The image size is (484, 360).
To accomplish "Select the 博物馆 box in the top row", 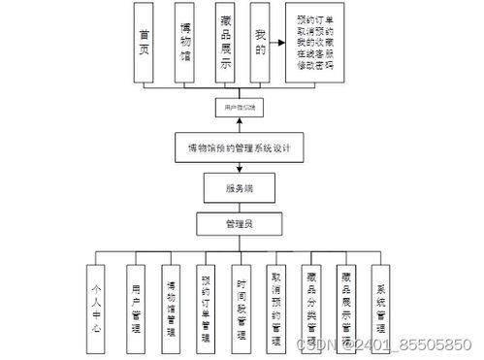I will pyautogui.click(x=186, y=42).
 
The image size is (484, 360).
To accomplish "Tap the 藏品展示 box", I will pyautogui.click(x=225, y=42).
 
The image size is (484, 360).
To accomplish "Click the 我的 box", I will pyautogui.click(x=259, y=42).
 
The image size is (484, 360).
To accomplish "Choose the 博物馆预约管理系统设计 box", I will pyautogui.click(x=239, y=147).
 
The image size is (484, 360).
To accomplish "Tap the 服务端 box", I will pyautogui.click(x=239, y=185).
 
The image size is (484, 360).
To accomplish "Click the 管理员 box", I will pyautogui.click(x=239, y=224).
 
